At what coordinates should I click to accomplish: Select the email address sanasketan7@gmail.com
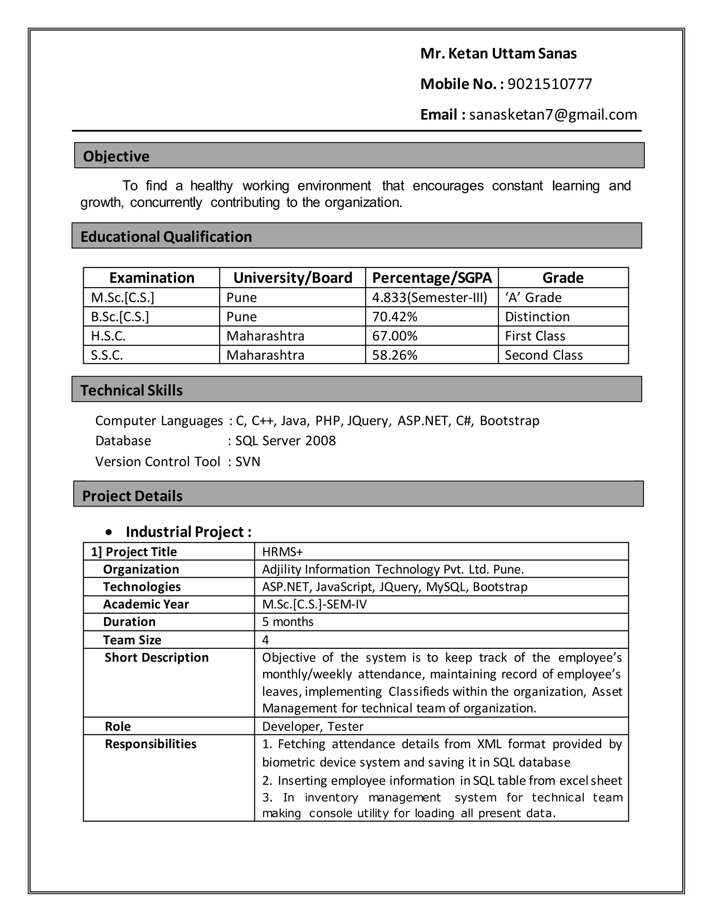(552, 115)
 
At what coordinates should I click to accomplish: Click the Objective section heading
(116, 156)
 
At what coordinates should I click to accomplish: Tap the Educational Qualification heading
(166, 237)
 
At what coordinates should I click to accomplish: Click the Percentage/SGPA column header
(431, 278)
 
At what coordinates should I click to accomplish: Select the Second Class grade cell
(543, 355)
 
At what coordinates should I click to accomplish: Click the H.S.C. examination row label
(108, 336)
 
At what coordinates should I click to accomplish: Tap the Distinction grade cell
(537, 317)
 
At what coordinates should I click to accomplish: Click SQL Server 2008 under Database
(285, 441)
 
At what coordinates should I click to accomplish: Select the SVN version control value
(248, 462)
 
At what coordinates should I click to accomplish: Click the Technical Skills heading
(132, 391)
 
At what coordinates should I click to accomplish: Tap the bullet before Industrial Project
(110, 532)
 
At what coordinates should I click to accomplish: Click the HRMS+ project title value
(283, 552)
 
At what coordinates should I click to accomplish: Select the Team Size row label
(132, 640)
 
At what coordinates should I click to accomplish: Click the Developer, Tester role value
(313, 727)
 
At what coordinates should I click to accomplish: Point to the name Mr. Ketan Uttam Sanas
(498, 54)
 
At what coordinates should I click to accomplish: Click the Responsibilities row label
(151, 744)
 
